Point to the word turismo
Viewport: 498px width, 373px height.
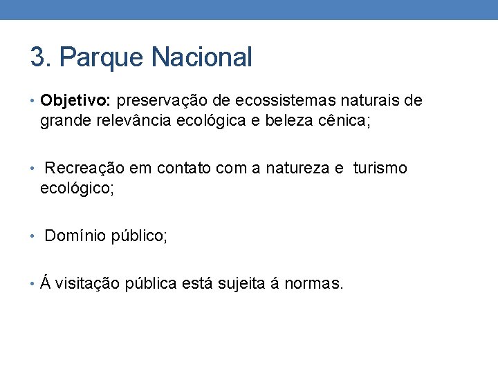380,169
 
